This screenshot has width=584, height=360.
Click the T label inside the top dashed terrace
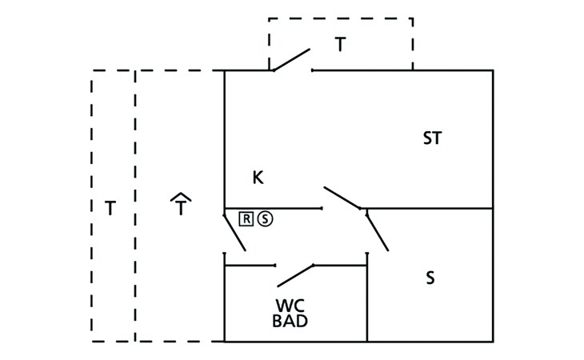tap(341, 45)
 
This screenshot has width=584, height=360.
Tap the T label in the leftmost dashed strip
tap(110, 210)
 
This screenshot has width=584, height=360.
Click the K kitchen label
tap(258, 178)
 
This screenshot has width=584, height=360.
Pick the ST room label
tap(432, 138)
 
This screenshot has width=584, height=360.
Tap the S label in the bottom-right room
tap(430, 278)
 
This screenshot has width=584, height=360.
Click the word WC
tap(290, 306)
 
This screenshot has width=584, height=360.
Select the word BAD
tap(290, 322)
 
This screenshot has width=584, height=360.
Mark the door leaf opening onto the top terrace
tap(291, 60)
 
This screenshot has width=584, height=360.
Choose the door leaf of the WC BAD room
tap(294, 274)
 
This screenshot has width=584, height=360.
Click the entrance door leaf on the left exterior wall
tap(234, 233)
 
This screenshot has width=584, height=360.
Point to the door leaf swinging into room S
tap(377, 230)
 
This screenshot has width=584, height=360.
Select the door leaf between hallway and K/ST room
tap(342, 198)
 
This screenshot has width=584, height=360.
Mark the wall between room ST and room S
tap(432, 209)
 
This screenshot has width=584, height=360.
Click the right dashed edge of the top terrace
tap(413, 44)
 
